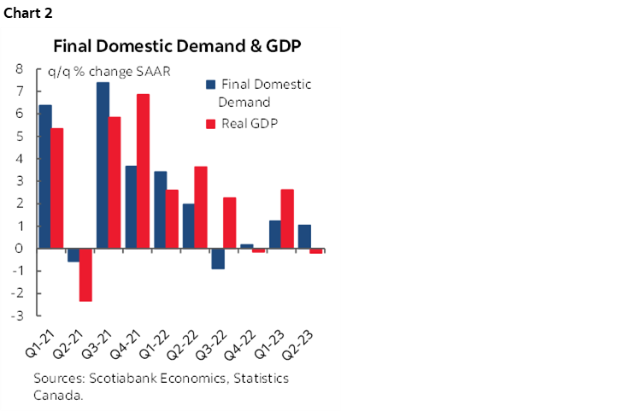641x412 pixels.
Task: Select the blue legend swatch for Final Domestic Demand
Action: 210,85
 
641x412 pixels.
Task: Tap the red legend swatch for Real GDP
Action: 210,124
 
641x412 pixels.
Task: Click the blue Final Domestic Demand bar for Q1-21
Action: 45,176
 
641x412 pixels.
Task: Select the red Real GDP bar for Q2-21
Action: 85,274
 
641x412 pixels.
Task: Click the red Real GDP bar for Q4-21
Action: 144,171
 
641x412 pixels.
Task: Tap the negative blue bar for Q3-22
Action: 217,258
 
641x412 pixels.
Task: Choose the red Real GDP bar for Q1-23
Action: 286,219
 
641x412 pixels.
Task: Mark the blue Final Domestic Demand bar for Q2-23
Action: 303,237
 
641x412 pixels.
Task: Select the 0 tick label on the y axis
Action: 19,249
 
